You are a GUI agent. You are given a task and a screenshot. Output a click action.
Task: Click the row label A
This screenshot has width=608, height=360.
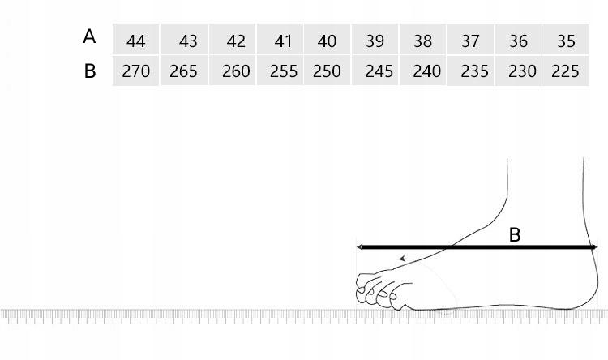click(x=89, y=36)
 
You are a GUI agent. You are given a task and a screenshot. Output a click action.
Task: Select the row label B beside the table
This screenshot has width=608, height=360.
click(x=89, y=71)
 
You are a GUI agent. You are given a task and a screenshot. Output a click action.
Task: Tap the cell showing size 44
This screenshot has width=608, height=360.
click(x=135, y=39)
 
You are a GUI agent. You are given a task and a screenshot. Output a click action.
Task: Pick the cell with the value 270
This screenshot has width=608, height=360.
click(x=135, y=71)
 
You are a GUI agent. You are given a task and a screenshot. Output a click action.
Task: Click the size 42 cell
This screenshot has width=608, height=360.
click(x=233, y=39)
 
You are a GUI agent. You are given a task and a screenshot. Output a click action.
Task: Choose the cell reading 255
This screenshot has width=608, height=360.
click(x=280, y=71)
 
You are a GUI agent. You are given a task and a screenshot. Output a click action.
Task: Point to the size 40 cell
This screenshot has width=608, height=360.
click(x=328, y=39)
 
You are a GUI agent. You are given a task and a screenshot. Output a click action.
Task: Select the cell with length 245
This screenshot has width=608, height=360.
click(x=375, y=71)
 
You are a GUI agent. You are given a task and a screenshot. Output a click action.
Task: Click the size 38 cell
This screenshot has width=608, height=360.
click(x=422, y=39)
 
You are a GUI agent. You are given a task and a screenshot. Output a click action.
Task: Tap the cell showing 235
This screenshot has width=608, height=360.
click(x=471, y=71)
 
